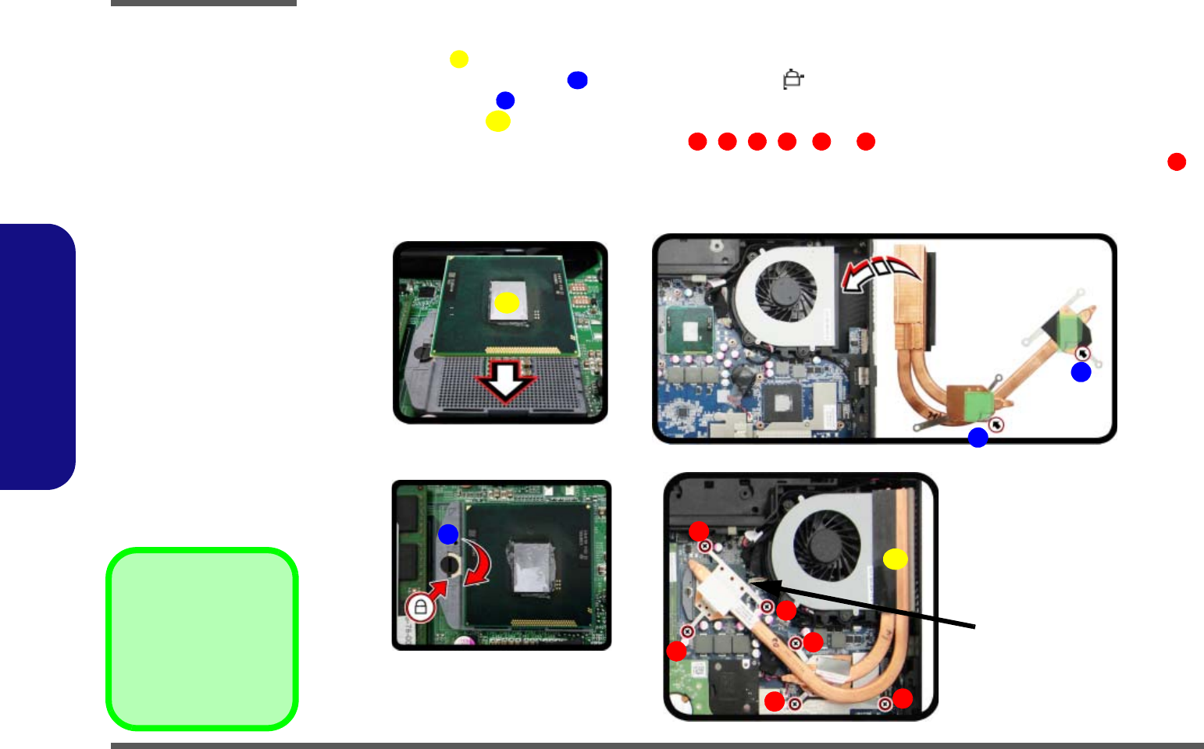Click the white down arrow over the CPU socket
tap(505, 380)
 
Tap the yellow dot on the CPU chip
tap(507, 303)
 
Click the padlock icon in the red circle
tap(420, 606)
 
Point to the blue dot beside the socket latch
tap(448, 534)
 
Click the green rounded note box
tap(202, 639)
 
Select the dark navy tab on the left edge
tap(37, 357)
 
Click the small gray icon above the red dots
tap(793, 80)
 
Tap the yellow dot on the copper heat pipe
tap(896, 559)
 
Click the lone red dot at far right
tap(1177, 162)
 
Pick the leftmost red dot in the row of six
tap(697, 141)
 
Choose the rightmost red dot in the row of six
tap(866, 141)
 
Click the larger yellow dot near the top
tap(498, 122)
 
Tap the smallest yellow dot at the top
tap(459, 59)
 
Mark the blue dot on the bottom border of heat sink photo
tap(978, 438)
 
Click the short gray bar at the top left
tap(204, 3)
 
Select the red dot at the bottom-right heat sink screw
tap(903, 698)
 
